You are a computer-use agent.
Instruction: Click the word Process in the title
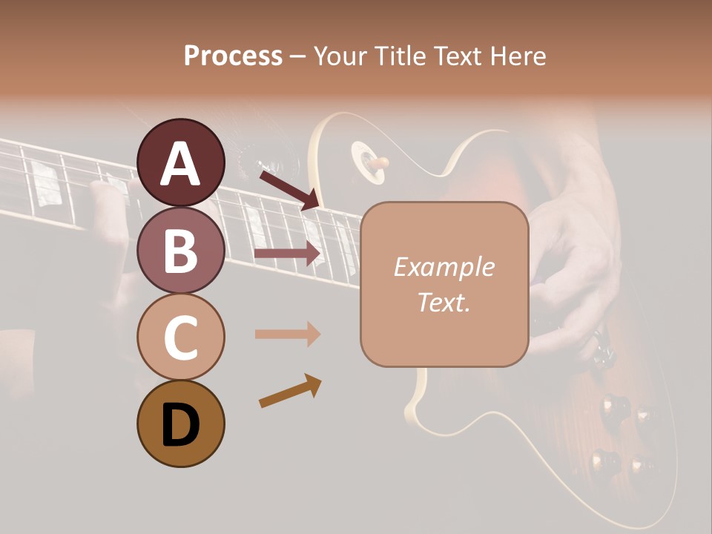[x=233, y=56]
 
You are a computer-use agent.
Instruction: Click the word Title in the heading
[x=396, y=56]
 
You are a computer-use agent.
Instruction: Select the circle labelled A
[x=180, y=162]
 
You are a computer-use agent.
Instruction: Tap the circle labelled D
[x=180, y=423]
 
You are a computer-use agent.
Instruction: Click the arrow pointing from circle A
[x=289, y=189]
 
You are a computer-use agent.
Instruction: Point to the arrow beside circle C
[x=287, y=334]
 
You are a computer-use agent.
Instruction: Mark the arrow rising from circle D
[x=290, y=391]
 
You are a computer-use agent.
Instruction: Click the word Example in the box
[x=444, y=267]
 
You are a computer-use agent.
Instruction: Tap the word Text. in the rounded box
[x=444, y=302]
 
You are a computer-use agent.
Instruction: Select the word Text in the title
[x=453, y=56]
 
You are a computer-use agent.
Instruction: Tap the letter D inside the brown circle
[x=180, y=425]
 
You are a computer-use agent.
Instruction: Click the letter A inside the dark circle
[x=180, y=164]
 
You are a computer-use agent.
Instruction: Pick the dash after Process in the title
[x=297, y=57]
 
